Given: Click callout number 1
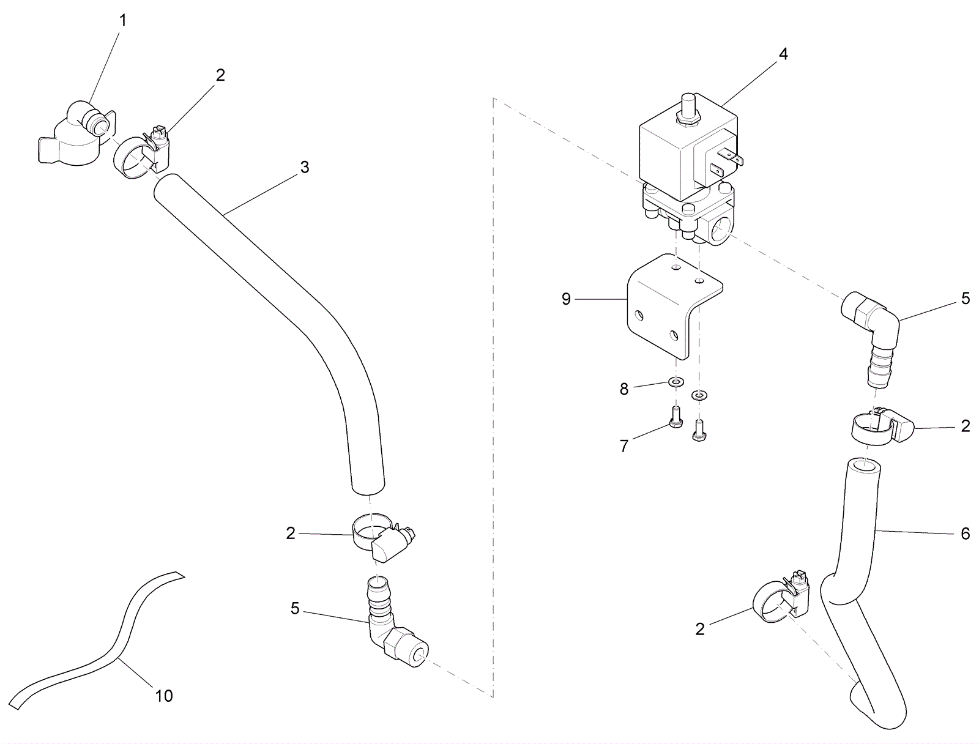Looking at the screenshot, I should (123, 21).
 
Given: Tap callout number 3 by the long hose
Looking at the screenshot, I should (305, 168).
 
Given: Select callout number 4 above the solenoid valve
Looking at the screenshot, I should (783, 54).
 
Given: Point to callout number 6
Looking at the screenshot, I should (966, 534).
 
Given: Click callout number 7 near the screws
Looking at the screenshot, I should (624, 447).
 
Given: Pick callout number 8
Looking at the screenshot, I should (624, 389).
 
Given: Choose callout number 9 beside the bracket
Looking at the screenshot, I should (566, 299).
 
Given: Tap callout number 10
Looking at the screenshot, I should (164, 696).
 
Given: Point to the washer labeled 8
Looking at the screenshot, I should (675, 382).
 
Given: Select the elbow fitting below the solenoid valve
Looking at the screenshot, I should (872, 337).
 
